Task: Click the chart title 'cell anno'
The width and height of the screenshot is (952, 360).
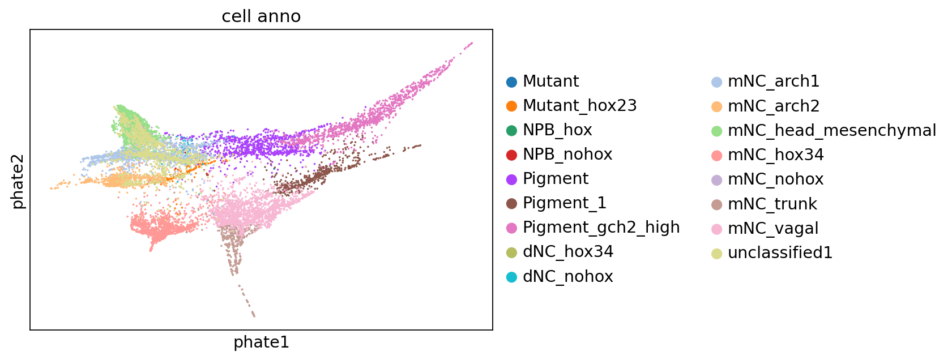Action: (261, 16)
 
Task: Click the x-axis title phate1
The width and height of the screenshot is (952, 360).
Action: (262, 342)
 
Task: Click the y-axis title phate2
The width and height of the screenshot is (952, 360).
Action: (18, 182)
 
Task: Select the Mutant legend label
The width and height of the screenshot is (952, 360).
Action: (551, 81)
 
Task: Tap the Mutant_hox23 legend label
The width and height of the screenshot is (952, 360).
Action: (580, 105)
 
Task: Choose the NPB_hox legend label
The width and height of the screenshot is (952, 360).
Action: (557, 130)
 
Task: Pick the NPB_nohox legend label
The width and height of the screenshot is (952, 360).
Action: (567, 155)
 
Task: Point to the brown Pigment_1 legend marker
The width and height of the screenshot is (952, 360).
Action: (512, 204)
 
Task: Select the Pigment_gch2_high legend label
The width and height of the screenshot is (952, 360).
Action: (601, 228)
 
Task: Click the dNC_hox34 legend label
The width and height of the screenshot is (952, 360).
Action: (568, 252)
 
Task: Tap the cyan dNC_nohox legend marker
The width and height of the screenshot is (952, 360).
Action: (512, 277)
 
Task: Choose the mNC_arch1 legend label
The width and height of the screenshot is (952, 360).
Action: (774, 81)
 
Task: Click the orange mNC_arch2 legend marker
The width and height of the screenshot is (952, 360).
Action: (717, 106)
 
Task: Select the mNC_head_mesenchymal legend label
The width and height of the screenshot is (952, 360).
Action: (832, 131)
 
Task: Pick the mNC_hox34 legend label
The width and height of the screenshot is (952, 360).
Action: (776, 155)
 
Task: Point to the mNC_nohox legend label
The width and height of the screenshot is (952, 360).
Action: (776, 179)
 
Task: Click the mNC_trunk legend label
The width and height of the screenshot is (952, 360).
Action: (772, 204)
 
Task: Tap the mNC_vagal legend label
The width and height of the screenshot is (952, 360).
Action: (773, 229)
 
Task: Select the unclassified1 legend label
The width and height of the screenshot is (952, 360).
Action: (780, 253)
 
